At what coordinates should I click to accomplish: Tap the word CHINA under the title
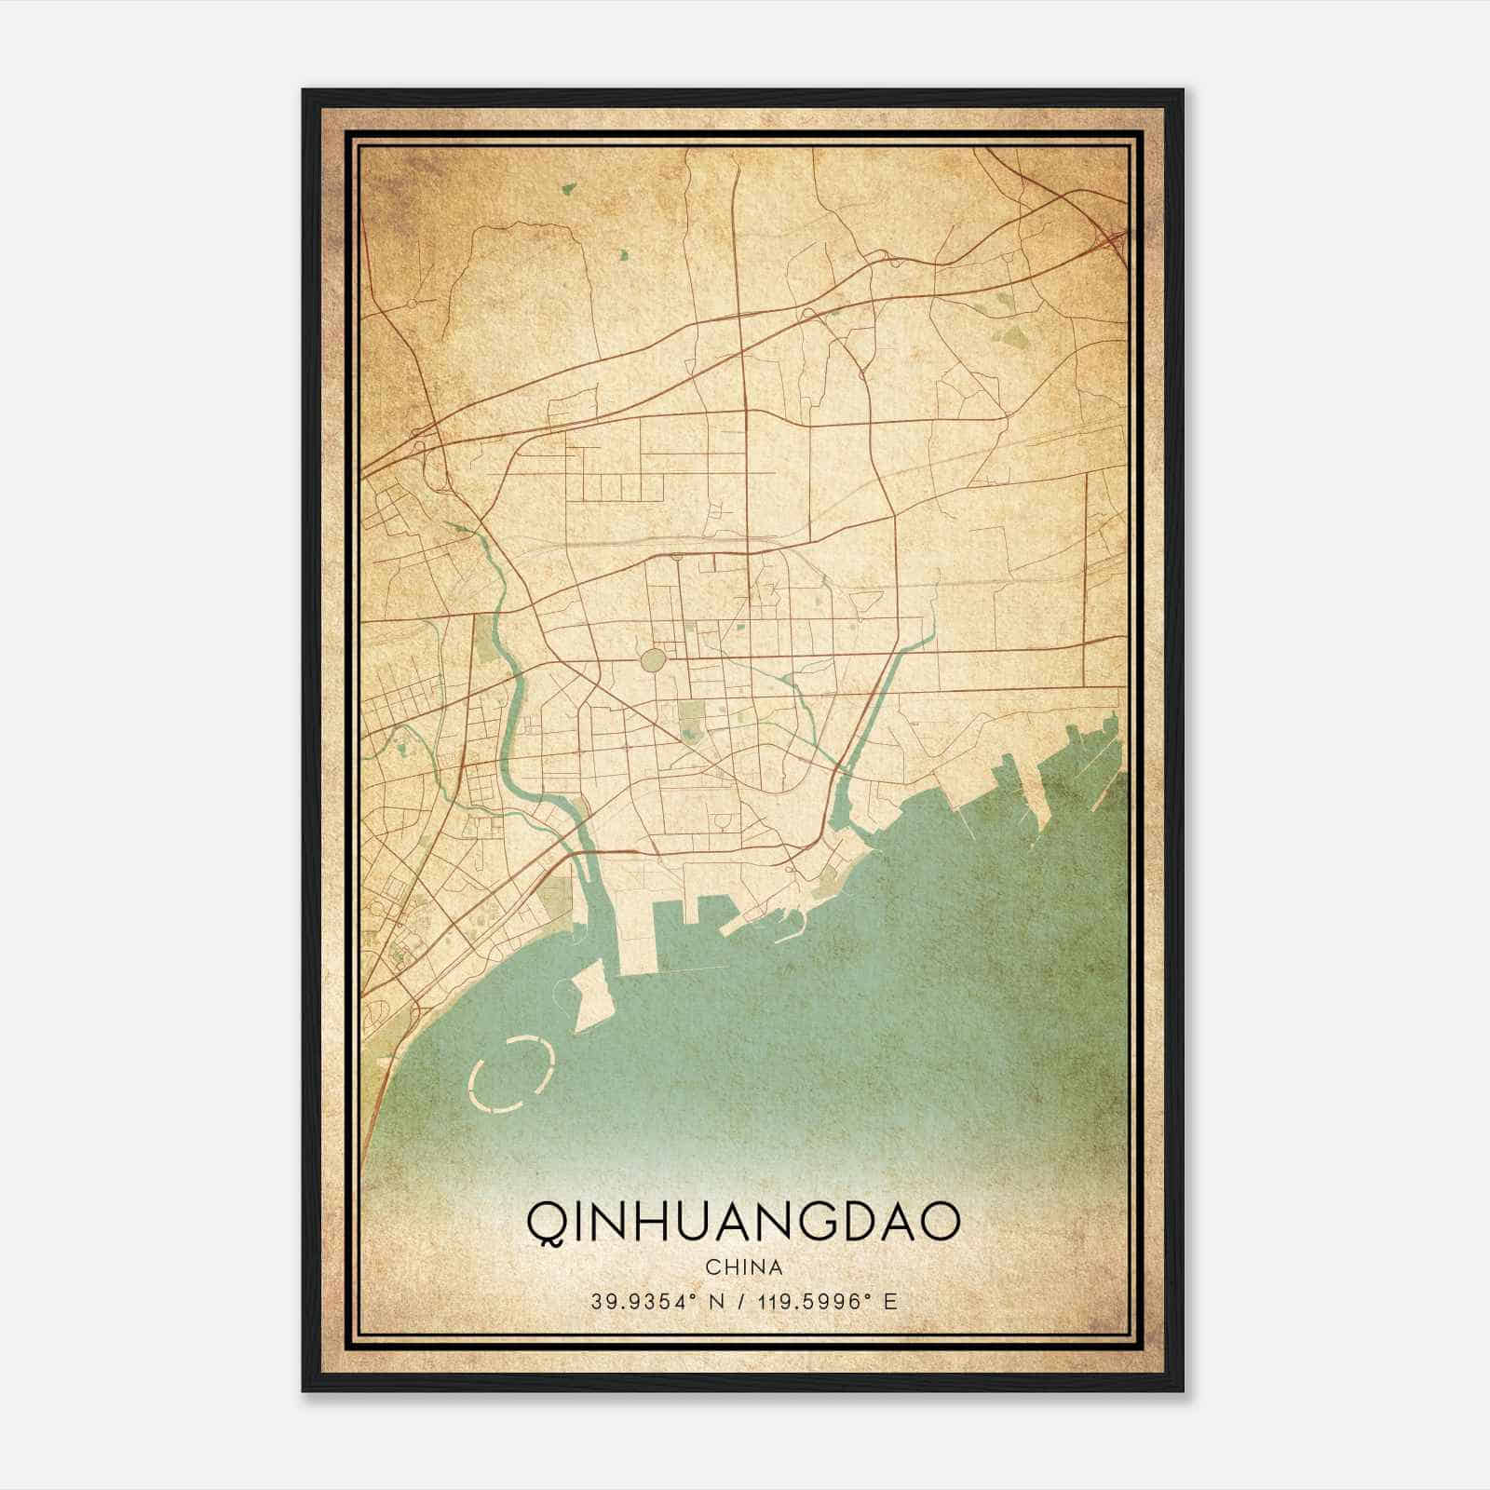tap(743, 1267)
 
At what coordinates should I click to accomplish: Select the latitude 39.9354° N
tap(656, 1302)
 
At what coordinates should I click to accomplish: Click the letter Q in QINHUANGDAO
tap(544, 1222)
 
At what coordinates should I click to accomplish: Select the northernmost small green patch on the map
tap(567, 188)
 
